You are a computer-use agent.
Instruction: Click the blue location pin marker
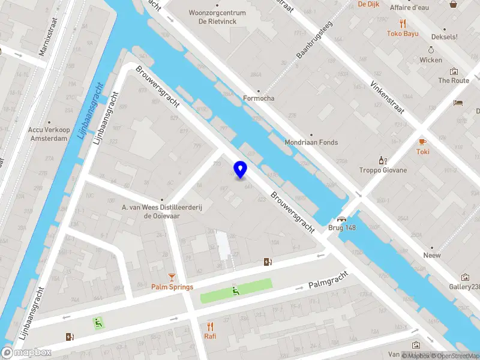pos(241,170)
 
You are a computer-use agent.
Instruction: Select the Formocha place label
pos(259,98)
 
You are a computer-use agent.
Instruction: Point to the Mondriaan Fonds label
pos(311,143)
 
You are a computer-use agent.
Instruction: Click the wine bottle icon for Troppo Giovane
pos(380,160)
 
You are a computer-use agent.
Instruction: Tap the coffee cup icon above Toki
pos(422,142)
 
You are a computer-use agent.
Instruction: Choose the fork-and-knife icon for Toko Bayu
pos(403,24)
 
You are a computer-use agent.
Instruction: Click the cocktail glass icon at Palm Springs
pos(172,277)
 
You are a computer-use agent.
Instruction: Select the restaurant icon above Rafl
pos(210,326)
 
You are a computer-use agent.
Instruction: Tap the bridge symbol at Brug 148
pos(342,219)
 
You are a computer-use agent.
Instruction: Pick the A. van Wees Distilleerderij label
pos(161,212)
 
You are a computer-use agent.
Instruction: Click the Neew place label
pos(431,255)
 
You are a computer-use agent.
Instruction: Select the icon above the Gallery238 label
pos(465,277)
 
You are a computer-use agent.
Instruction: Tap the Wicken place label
pos(431,60)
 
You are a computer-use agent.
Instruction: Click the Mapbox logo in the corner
pos(26,353)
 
